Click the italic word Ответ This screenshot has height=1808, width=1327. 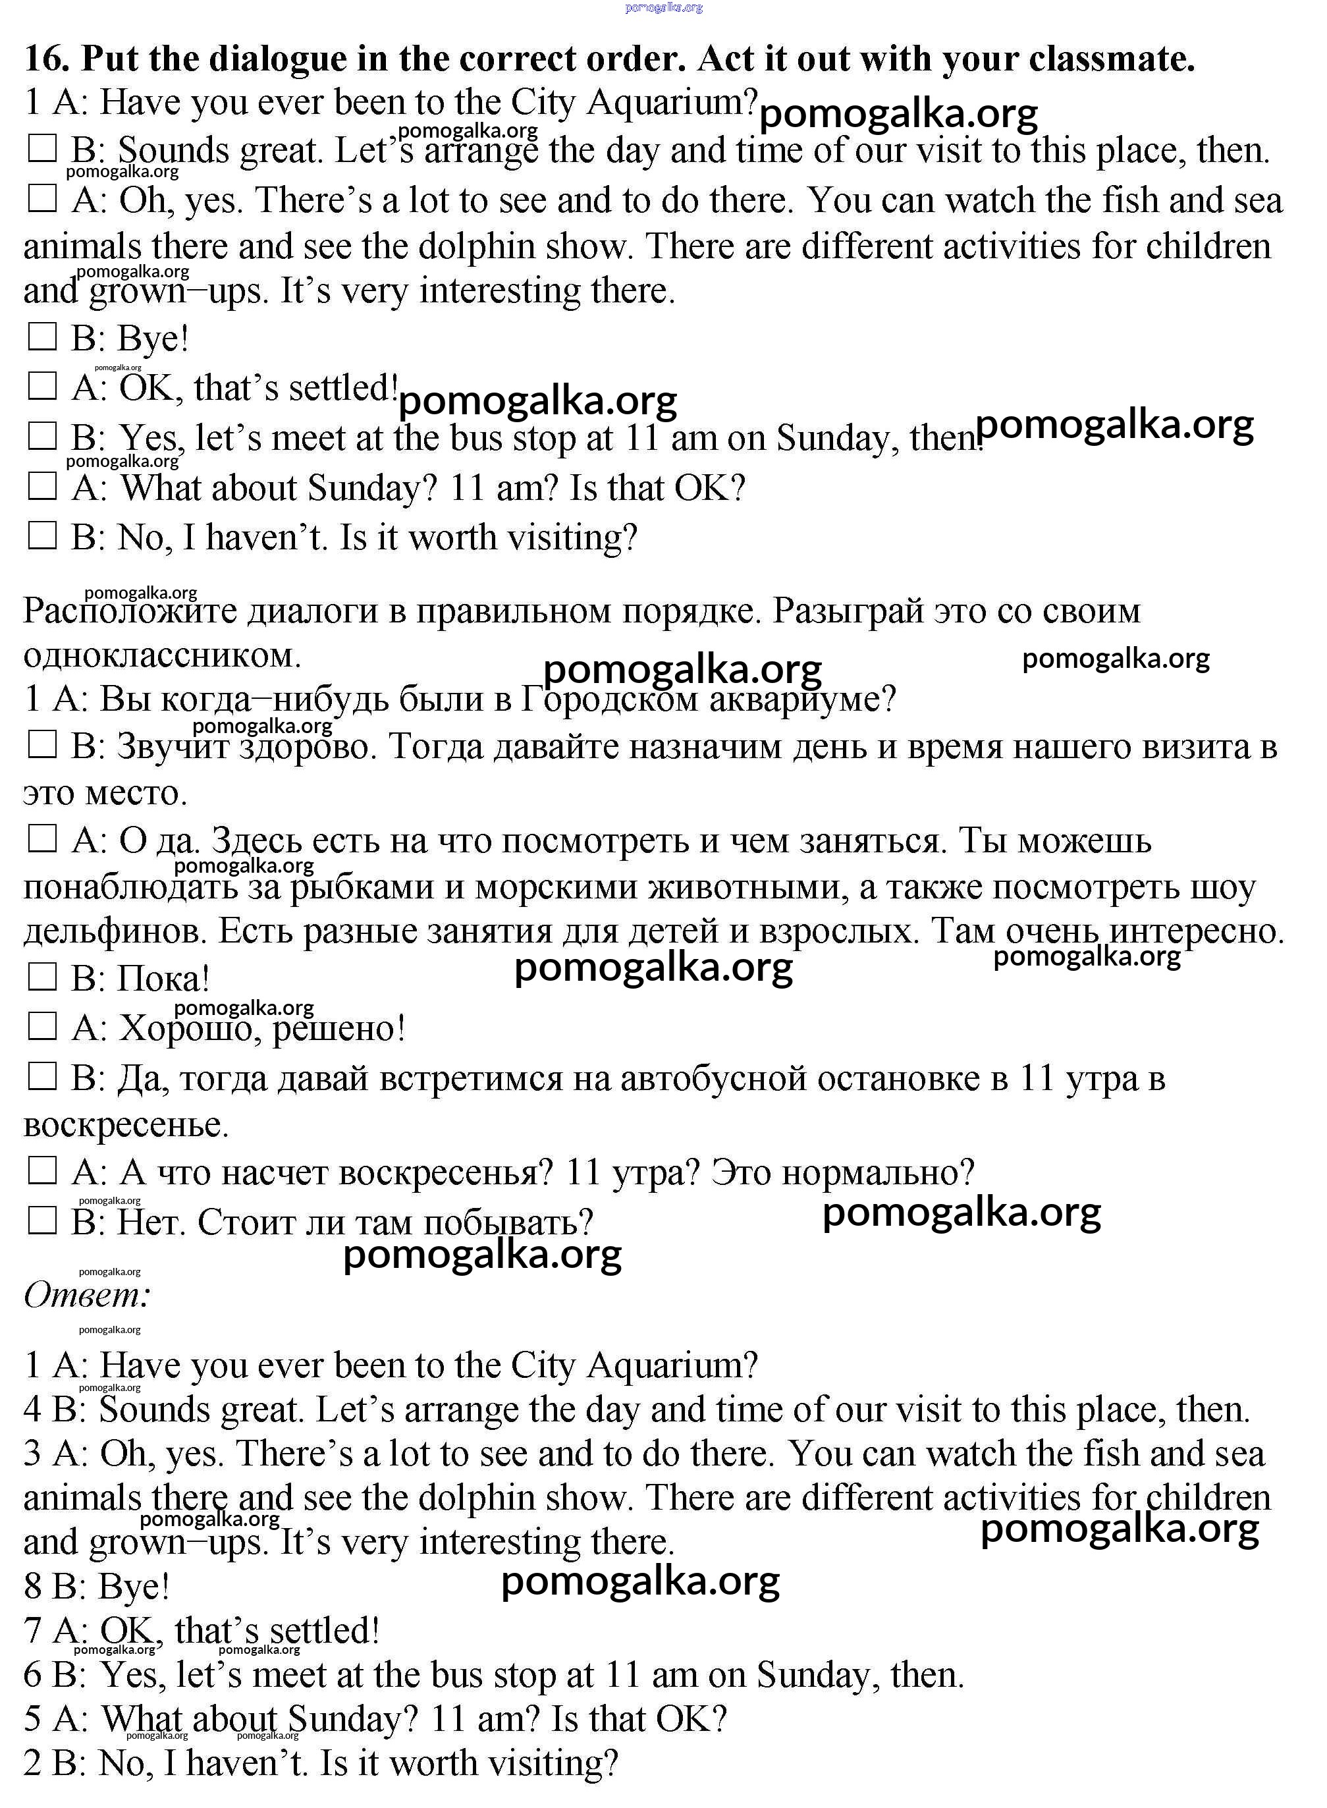tap(87, 1295)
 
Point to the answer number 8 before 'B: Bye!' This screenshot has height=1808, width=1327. tap(32, 1586)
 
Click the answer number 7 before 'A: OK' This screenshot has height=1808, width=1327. tap(32, 1630)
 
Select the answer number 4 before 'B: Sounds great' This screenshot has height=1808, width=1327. tap(32, 1410)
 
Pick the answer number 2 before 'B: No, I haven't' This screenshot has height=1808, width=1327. tap(32, 1764)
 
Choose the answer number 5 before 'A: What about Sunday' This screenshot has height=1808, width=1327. tap(32, 1720)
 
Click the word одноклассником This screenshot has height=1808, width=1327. tap(161, 656)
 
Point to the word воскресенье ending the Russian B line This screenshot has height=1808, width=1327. tap(125, 1124)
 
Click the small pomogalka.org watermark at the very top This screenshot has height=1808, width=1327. tap(664, 7)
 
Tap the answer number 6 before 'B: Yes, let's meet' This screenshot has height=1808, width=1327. tap(32, 1676)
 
